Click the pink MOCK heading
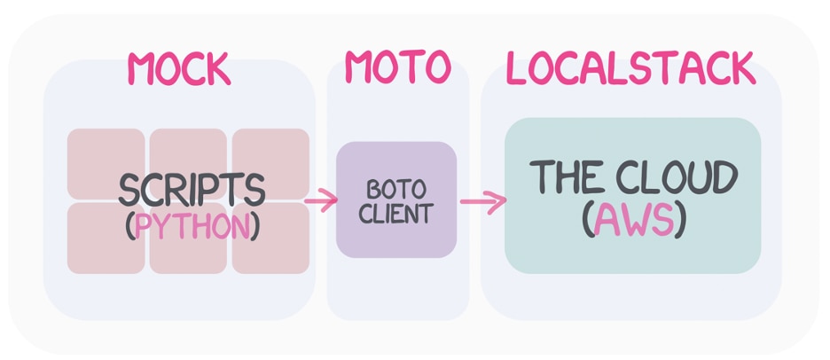click(x=178, y=68)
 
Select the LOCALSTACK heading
click(x=630, y=68)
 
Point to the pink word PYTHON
click(x=192, y=226)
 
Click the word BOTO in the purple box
click(x=396, y=191)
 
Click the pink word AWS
click(x=633, y=222)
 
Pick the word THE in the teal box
click(x=568, y=178)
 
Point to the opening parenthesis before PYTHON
click(x=129, y=227)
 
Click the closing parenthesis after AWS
click(x=680, y=222)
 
